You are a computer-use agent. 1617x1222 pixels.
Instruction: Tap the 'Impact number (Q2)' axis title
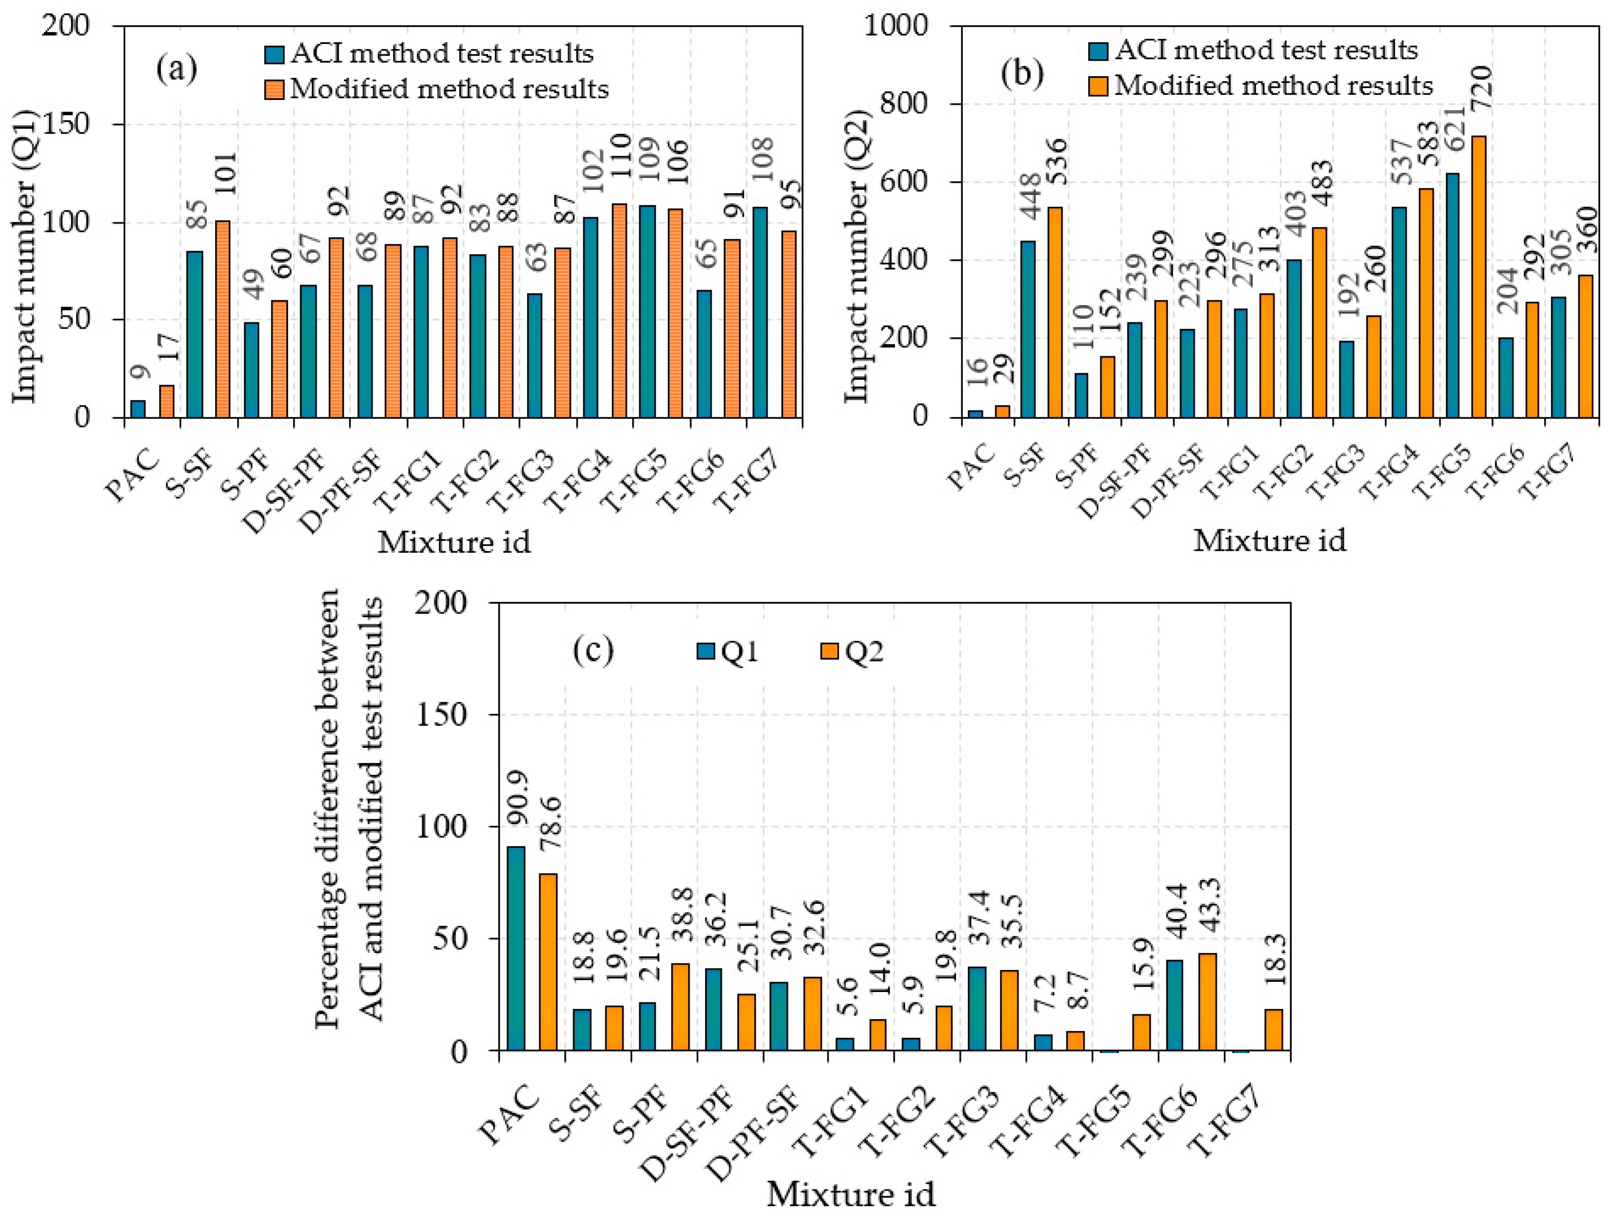point(857,256)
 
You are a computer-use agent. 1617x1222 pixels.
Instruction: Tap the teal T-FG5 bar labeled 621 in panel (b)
point(1452,296)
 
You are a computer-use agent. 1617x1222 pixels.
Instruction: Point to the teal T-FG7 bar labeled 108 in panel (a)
point(760,312)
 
